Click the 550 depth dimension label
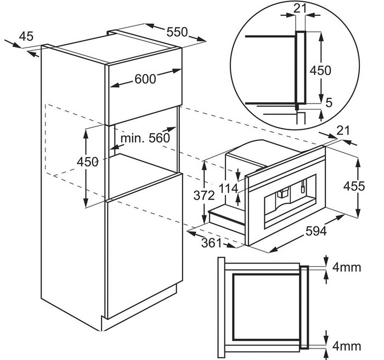click(x=177, y=32)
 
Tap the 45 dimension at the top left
click(x=26, y=37)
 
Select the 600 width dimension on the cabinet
click(x=145, y=79)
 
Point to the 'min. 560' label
click(x=145, y=138)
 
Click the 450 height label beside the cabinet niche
click(x=88, y=162)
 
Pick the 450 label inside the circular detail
click(x=320, y=71)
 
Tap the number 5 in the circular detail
click(x=329, y=102)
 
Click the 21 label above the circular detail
click(x=300, y=9)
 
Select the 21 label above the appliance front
click(x=343, y=131)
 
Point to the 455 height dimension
click(x=354, y=186)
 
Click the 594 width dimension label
click(x=316, y=231)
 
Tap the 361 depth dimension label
click(x=211, y=243)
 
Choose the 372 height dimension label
click(x=204, y=196)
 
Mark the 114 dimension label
click(x=228, y=188)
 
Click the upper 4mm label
click(x=347, y=267)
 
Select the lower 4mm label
click(x=347, y=346)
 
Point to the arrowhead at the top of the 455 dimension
click(x=358, y=162)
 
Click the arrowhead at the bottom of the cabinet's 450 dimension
click(x=86, y=203)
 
